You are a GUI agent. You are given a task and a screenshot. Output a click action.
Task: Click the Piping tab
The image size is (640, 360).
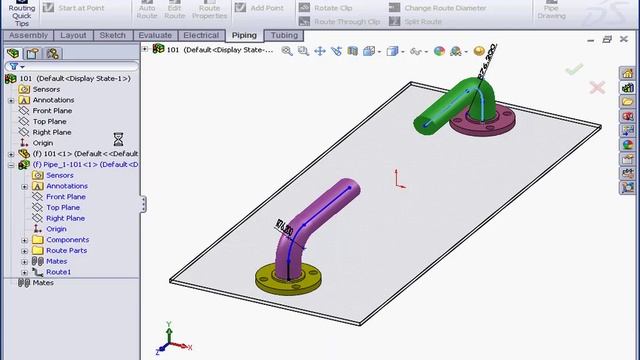click(x=244, y=35)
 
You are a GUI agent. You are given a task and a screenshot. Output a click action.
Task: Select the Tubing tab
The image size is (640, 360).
click(x=284, y=35)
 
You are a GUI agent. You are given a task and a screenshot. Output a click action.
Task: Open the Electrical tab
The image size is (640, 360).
click(x=201, y=35)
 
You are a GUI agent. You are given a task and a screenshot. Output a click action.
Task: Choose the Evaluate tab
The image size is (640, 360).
click(x=155, y=35)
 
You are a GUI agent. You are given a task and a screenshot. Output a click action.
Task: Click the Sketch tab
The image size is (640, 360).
click(x=113, y=35)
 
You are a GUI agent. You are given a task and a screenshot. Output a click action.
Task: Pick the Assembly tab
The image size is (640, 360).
click(x=28, y=35)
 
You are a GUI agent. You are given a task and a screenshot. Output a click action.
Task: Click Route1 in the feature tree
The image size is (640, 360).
click(x=58, y=272)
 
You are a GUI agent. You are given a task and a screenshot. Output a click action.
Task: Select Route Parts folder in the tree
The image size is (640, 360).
click(x=66, y=250)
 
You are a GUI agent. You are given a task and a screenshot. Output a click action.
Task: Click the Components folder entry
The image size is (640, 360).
click(x=67, y=240)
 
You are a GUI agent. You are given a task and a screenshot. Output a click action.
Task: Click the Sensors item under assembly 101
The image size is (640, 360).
click(x=46, y=89)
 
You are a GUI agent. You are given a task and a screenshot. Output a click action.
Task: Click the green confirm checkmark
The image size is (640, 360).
click(x=573, y=69)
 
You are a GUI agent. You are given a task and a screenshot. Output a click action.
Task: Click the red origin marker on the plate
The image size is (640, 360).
click(x=399, y=179)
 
